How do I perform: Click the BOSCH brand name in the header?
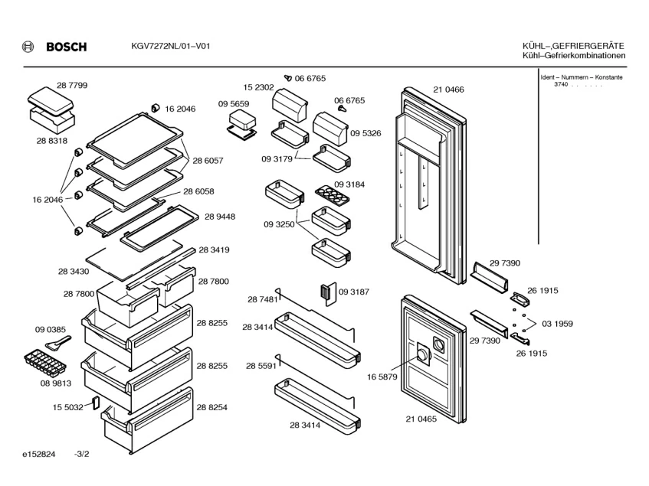(x=66, y=47)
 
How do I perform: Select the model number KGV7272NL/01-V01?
(x=166, y=47)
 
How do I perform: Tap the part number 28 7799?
(x=71, y=86)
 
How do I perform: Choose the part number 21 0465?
(x=421, y=419)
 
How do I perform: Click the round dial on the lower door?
(x=422, y=354)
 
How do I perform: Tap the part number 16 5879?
(x=382, y=377)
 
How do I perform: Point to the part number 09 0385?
(x=50, y=330)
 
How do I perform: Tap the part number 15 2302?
(x=259, y=87)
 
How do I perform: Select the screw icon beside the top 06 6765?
(x=288, y=77)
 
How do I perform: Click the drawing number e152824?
(x=38, y=455)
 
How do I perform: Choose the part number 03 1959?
(x=557, y=324)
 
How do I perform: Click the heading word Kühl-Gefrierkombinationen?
(x=573, y=56)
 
